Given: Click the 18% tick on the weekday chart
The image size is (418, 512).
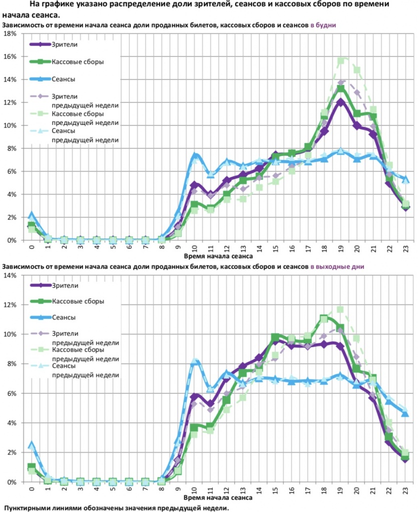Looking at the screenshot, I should [9, 33].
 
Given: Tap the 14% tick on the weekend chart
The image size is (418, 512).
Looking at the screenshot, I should [9, 275].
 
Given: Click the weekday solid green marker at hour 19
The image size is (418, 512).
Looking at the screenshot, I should [341, 89].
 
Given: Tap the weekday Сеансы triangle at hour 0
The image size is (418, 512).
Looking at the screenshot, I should [31, 214].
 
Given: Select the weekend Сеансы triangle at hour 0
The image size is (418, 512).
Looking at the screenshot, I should [31, 444].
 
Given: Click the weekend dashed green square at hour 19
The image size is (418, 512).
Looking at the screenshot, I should [341, 309].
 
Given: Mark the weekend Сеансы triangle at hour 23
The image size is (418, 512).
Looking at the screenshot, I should [405, 413].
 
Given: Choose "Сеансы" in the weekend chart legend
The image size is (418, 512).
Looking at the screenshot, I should [62, 317].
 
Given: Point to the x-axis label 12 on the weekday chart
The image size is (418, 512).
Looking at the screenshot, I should [226, 248].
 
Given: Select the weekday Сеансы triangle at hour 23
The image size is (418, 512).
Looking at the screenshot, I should [405, 179].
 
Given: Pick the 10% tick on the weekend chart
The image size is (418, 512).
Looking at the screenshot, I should [9, 334].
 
